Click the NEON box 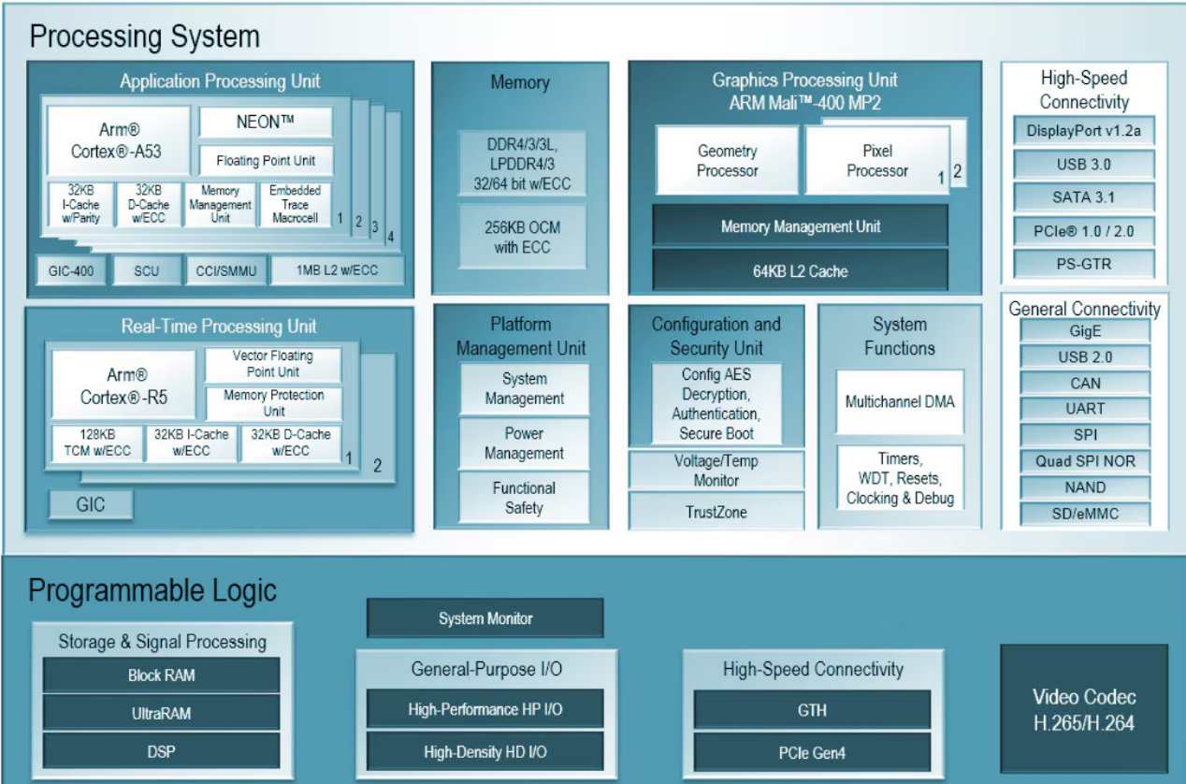(266, 123)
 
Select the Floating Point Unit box (266, 160)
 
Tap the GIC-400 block (70, 271)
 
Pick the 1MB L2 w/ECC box (337, 271)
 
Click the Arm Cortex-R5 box (123, 385)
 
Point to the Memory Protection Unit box (273, 403)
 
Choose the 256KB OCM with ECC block (522, 239)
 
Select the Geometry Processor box (727, 161)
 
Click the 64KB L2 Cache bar (800, 271)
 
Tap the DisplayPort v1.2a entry (1084, 131)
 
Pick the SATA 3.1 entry (1084, 197)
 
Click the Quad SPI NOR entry (1085, 461)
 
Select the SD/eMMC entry (1085, 514)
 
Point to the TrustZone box (716, 513)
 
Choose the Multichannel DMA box (900, 401)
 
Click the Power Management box (524, 443)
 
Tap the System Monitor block (485, 618)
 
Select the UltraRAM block (161, 713)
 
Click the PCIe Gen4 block (812, 752)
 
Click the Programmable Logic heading (152, 591)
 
